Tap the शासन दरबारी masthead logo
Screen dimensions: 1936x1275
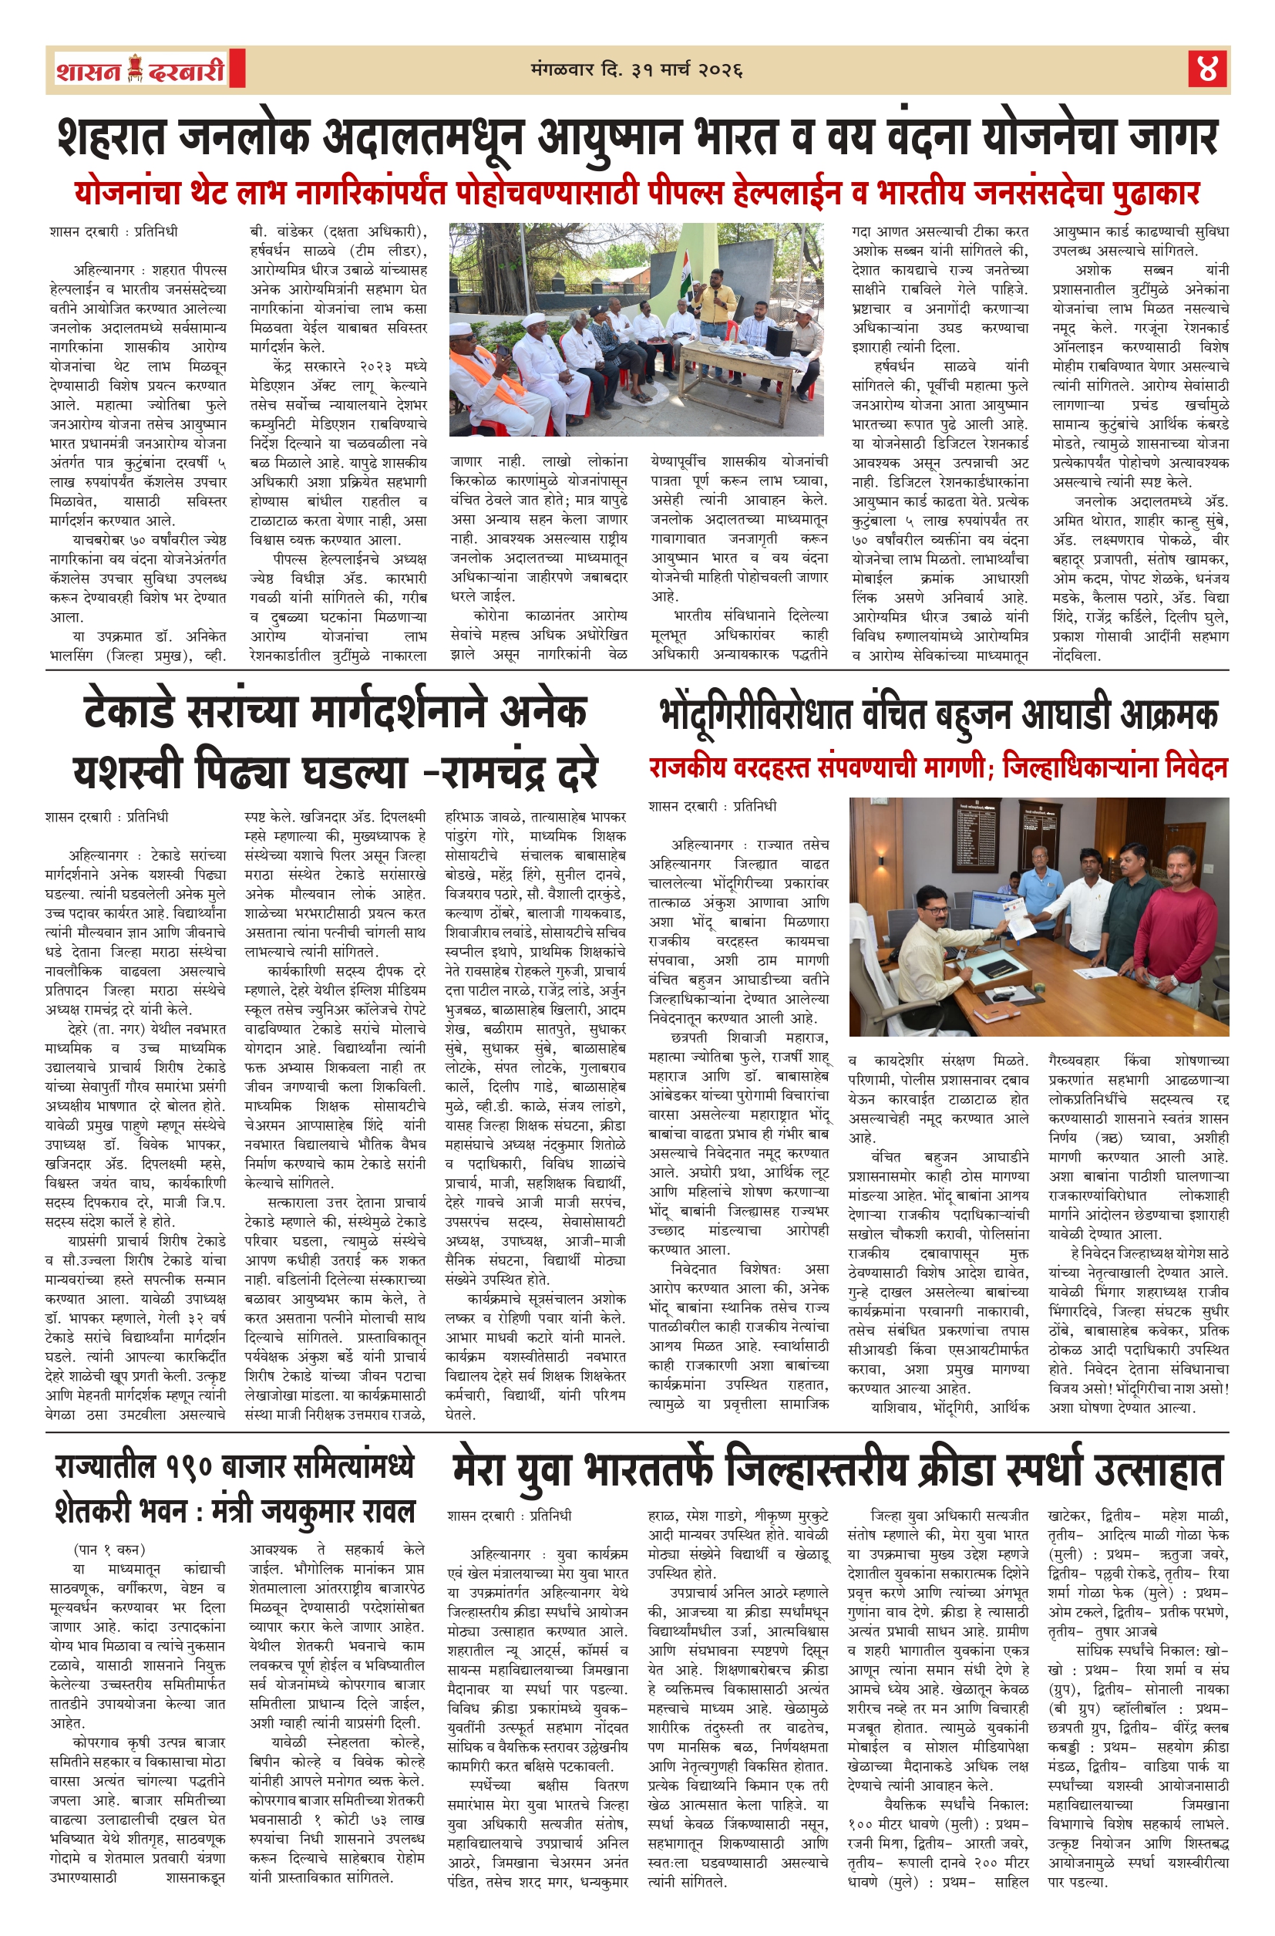[x=140, y=70]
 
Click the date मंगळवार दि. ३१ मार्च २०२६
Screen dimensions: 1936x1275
[x=636, y=70]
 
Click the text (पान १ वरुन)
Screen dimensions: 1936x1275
[x=109, y=1550]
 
